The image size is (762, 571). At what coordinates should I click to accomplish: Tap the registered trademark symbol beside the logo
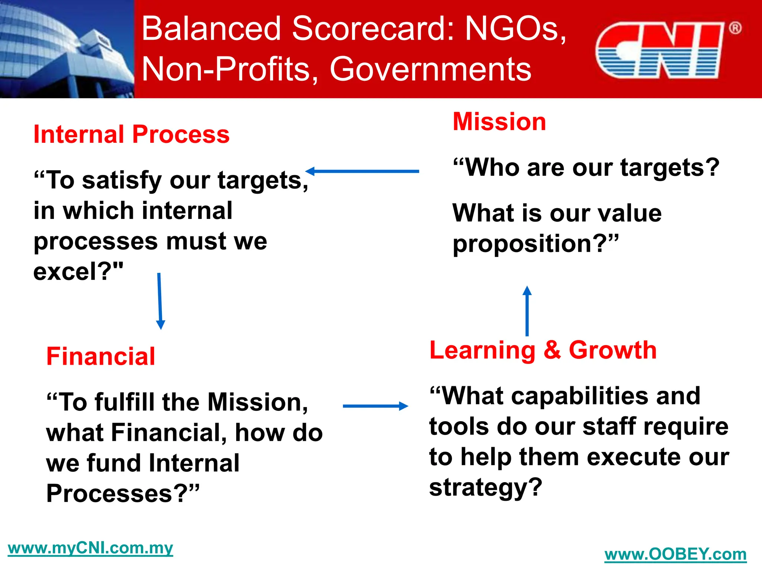pyautogui.click(x=735, y=28)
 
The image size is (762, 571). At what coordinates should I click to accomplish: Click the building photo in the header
pyautogui.click(x=67, y=49)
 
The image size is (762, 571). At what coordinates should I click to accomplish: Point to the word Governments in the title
pyautogui.click(x=430, y=69)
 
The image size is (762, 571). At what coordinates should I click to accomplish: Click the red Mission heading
pyautogui.click(x=499, y=122)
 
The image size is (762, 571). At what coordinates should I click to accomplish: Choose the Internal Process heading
pyautogui.click(x=131, y=134)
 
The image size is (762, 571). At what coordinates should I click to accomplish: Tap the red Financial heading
pyautogui.click(x=100, y=356)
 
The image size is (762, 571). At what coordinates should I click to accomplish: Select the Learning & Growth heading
pyautogui.click(x=543, y=350)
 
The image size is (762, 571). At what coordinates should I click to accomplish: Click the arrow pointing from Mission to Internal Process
pyautogui.click(x=362, y=171)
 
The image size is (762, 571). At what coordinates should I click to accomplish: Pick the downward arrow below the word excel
pyautogui.click(x=160, y=301)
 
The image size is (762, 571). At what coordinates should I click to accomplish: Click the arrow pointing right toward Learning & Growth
pyautogui.click(x=375, y=406)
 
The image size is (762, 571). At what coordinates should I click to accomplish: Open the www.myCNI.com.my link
pyautogui.click(x=90, y=548)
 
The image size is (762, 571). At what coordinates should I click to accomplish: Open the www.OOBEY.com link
pyautogui.click(x=675, y=554)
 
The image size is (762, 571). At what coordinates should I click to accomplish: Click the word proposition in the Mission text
pyautogui.click(x=522, y=244)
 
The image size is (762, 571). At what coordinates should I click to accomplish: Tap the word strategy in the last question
pyautogui.click(x=478, y=488)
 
